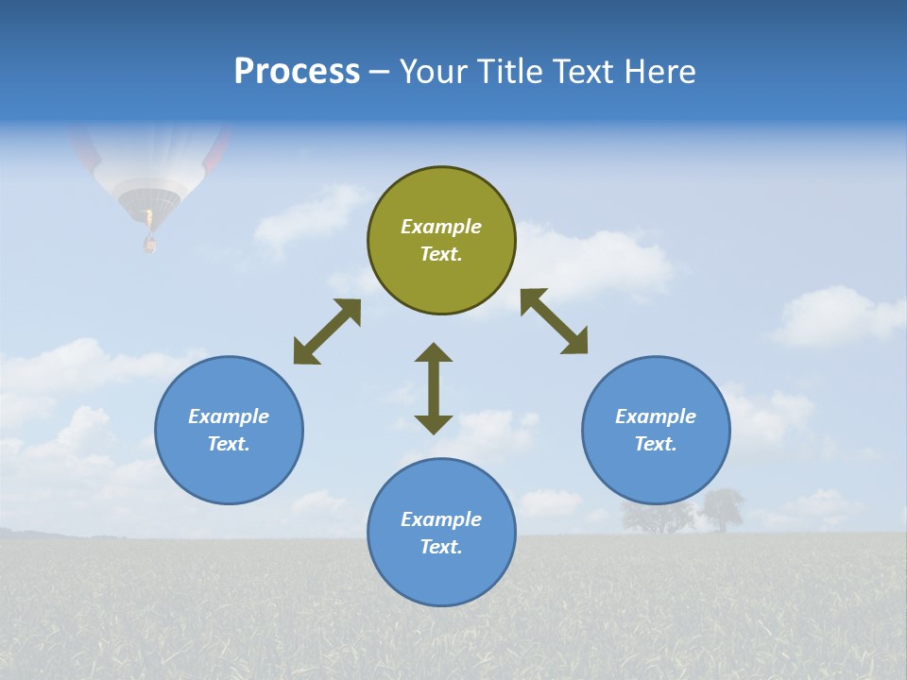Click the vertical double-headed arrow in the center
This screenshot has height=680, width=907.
(434, 388)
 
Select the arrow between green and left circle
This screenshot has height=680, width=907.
(327, 331)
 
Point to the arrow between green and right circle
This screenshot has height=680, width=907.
(555, 321)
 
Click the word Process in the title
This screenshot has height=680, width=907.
(297, 71)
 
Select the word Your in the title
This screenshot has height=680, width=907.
(436, 71)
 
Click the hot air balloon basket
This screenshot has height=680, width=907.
(149, 244)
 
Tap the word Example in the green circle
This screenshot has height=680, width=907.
(441, 227)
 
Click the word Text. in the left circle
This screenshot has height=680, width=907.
(229, 444)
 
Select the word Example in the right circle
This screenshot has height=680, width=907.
(656, 416)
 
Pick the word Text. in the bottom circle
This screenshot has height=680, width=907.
(441, 547)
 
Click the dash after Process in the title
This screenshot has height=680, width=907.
(380, 72)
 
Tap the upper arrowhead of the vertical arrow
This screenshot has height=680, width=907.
(434, 352)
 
